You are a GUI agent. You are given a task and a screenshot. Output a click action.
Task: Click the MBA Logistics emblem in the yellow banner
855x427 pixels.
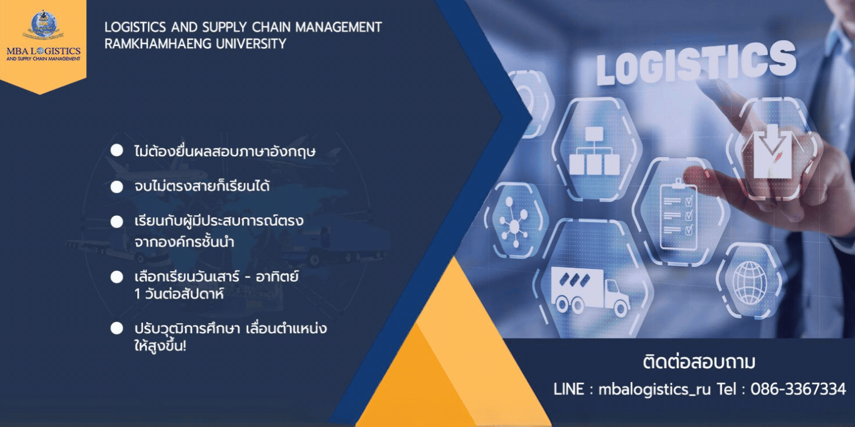pos(44,25)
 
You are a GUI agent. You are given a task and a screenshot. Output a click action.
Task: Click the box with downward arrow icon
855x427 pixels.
pos(772,151)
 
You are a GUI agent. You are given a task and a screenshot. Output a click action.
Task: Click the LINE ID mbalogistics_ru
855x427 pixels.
pos(655,389)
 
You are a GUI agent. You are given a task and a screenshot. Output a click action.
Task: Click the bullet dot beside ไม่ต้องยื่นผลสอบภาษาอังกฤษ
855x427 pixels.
pos(117,150)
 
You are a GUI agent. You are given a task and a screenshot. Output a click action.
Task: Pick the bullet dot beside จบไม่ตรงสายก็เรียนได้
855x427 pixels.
pos(117,186)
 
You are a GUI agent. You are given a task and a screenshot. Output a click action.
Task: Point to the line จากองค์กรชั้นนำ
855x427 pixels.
pos(184,242)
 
